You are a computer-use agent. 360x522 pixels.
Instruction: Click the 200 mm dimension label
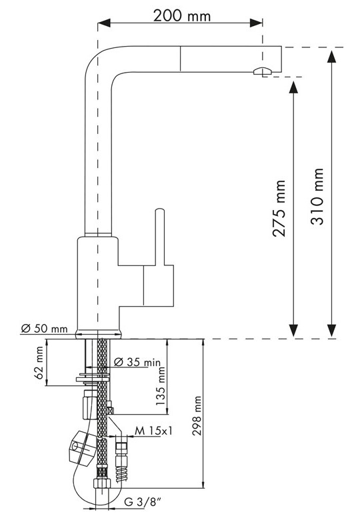tap(182, 15)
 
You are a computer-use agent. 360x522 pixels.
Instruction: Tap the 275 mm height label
tap(279, 209)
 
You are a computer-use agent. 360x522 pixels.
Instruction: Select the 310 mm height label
tap(317, 197)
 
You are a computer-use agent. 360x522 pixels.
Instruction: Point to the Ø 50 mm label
tap(44, 329)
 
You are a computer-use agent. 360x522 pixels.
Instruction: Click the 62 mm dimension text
tap(39, 363)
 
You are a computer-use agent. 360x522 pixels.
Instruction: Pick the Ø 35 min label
tap(137, 362)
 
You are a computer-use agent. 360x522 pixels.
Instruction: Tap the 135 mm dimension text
tap(161, 386)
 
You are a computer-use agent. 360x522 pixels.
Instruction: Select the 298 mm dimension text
tap(197, 415)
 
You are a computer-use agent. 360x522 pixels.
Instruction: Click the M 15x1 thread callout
tap(154, 431)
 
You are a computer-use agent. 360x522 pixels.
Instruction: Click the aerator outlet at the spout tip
tap(263, 71)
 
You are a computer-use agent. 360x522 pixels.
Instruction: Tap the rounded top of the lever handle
tap(160, 211)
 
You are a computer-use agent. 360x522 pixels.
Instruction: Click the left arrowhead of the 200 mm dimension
tap(104, 23)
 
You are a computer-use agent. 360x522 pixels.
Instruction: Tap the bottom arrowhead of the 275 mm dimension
tap(293, 330)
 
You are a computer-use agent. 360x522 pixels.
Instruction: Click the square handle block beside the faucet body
tap(159, 285)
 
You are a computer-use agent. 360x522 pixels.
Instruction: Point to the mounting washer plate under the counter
tap(93, 379)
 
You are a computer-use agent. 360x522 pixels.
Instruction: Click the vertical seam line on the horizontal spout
tap(180, 59)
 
